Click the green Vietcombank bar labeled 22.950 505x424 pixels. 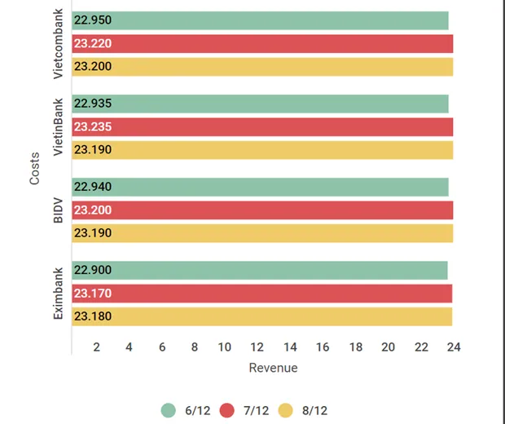tap(261, 21)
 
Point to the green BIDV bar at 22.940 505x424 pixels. tap(261, 187)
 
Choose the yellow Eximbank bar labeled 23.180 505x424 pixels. tap(261, 316)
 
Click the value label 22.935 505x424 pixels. tap(92, 104)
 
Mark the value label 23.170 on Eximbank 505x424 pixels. tap(92, 294)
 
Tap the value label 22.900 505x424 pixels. tap(92, 271)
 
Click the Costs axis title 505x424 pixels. tap(34, 168)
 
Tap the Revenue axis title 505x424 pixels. tap(273, 368)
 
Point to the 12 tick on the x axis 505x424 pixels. tap(257, 347)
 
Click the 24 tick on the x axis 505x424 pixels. tap(454, 347)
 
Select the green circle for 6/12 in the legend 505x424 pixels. tap(169, 410)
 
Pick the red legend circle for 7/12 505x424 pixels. tap(227, 410)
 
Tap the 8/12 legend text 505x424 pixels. tap(314, 410)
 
